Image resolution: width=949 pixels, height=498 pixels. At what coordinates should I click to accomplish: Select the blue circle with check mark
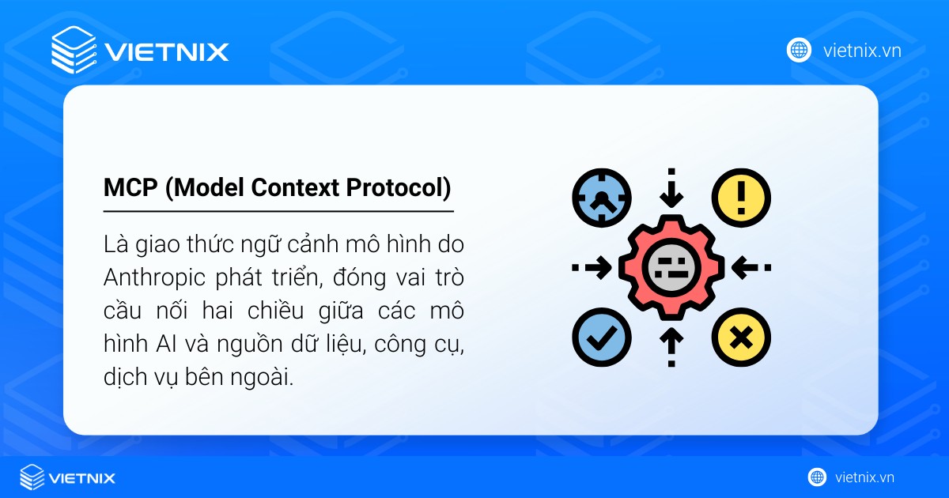[601, 338]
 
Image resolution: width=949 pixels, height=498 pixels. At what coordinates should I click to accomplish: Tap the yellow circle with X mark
[740, 338]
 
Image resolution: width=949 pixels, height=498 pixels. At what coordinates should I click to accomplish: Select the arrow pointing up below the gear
[671, 343]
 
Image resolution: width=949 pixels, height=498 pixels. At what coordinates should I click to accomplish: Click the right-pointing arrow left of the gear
[595, 267]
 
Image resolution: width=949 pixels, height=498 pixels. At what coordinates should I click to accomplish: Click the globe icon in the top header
[799, 51]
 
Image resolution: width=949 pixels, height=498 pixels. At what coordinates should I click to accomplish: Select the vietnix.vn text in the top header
[862, 51]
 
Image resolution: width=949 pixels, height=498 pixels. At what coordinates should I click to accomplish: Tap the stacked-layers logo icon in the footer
[32, 477]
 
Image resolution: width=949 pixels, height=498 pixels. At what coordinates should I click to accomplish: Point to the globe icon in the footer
[817, 477]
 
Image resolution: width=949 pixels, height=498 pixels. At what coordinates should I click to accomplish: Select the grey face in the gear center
[671, 267]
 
